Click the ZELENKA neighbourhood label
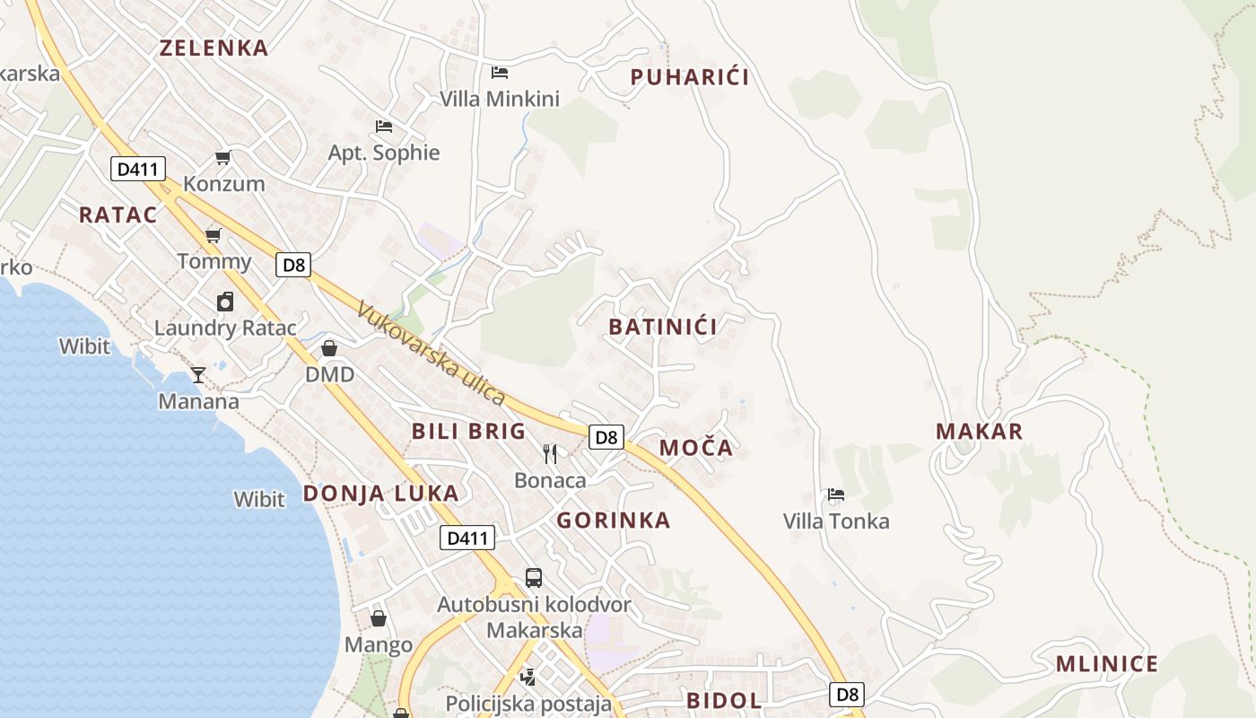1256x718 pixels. point(214,48)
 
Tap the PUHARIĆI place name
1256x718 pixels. point(689,77)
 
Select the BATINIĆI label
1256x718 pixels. point(663,327)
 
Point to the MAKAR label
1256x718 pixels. point(979,432)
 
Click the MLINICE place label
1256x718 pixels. point(1106,664)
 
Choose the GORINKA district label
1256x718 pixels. point(614,521)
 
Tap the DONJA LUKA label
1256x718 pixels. point(380,493)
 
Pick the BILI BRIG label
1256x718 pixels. point(468,432)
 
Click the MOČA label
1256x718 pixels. point(696,448)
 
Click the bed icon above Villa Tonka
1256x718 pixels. point(835,495)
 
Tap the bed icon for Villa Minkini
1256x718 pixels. point(500,72)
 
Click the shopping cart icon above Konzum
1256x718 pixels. point(222,158)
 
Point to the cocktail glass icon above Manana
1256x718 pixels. point(198,374)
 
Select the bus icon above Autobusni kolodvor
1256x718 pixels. point(534,577)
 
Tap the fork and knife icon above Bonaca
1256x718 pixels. point(550,454)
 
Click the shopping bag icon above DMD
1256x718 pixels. point(329,348)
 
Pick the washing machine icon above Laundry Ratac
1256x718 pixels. point(224,302)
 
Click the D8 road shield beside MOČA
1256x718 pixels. point(606,437)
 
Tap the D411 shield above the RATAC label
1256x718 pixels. point(138,169)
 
